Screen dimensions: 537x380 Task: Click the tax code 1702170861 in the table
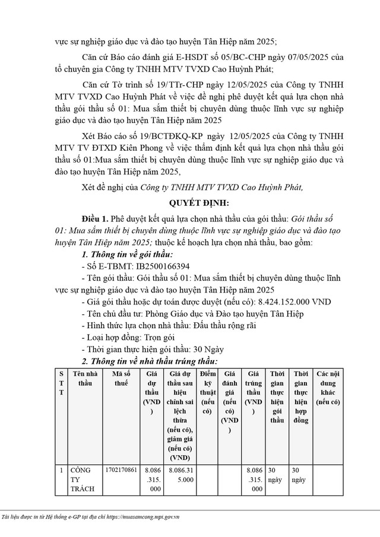pyautogui.click(x=121, y=469)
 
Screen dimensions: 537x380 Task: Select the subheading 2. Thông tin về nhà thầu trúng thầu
pyautogui.click(x=150, y=361)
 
